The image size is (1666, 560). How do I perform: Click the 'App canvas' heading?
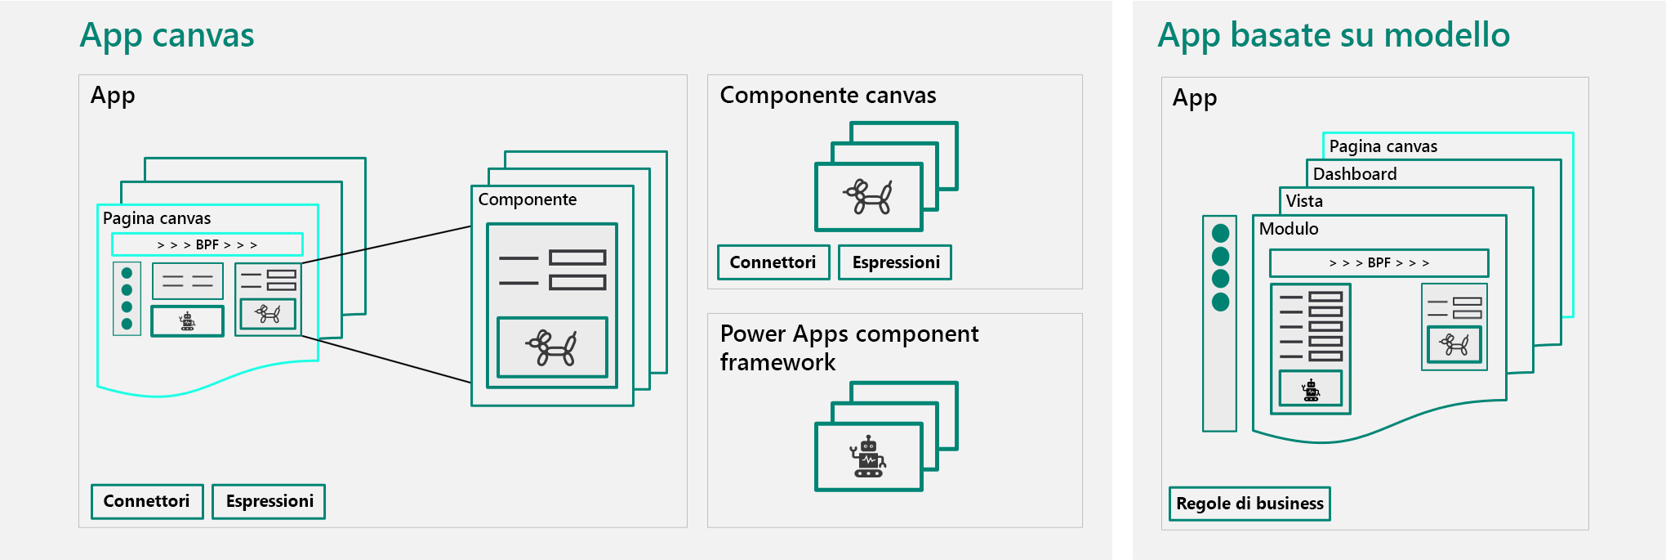pyautogui.click(x=167, y=35)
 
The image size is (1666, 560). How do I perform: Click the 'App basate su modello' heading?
pyautogui.click(x=1334, y=35)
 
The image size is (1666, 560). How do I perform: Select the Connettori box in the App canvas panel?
pyautogui.click(x=147, y=501)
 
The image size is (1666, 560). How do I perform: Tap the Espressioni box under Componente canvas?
pyautogui.click(x=895, y=262)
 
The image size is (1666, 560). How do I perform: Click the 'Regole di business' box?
pyautogui.click(x=1249, y=504)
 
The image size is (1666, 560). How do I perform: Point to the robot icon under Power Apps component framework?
pyautogui.click(x=868, y=457)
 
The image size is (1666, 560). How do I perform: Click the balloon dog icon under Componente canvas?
pyautogui.click(x=868, y=197)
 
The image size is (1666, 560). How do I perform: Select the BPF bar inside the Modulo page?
pyautogui.click(x=1379, y=263)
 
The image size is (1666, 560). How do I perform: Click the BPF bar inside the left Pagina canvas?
pyautogui.click(x=207, y=244)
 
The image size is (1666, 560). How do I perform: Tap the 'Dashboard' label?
pyautogui.click(x=1354, y=174)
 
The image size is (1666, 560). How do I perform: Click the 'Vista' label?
pyautogui.click(x=1303, y=201)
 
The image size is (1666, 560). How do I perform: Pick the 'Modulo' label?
pyautogui.click(x=1288, y=229)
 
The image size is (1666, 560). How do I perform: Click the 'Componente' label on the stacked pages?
pyautogui.click(x=527, y=199)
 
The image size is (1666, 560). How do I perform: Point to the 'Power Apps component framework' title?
pyautogui.click(x=849, y=347)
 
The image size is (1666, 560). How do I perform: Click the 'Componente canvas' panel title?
pyautogui.click(x=827, y=96)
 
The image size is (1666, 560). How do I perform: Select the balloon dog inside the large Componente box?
pyautogui.click(x=552, y=347)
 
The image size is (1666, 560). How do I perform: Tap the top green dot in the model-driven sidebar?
pyautogui.click(x=1220, y=233)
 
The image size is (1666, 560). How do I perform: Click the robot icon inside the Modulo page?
pyautogui.click(x=1311, y=390)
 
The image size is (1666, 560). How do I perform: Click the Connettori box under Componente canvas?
pyautogui.click(x=773, y=262)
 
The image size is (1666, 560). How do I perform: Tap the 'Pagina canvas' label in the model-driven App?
pyautogui.click(x=1383, y=146)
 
